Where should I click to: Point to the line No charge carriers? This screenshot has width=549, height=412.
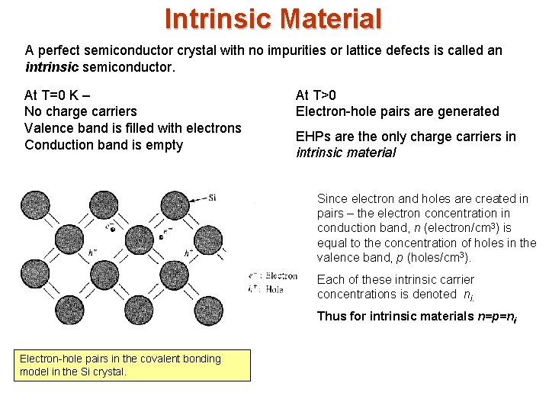pos(80,111)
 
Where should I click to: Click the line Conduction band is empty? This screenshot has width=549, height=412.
pos(104,145)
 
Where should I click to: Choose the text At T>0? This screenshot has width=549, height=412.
pos(316,95)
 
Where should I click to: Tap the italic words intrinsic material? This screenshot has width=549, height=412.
pos(346,153)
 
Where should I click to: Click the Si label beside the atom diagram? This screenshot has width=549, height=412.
pos(212,197)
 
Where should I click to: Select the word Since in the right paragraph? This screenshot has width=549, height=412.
pos(333,198)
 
